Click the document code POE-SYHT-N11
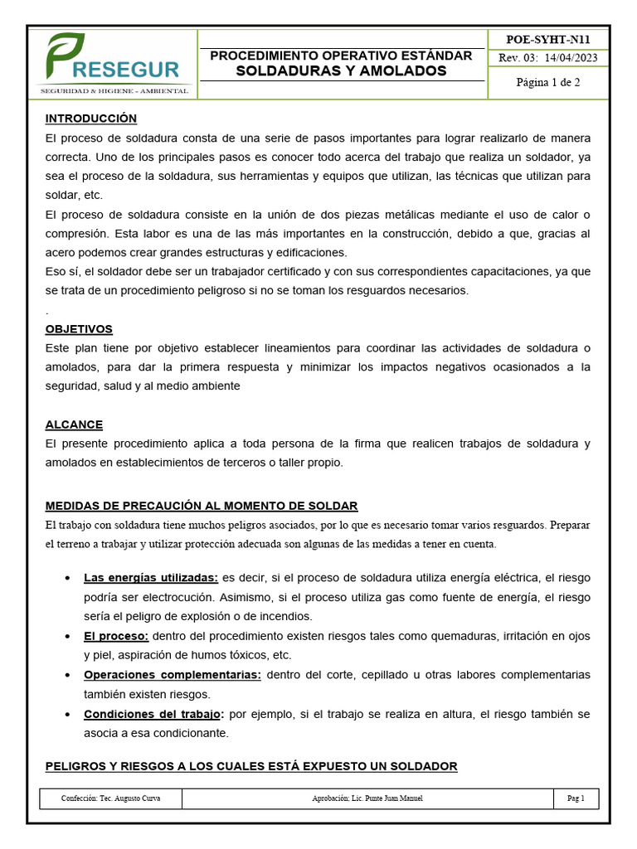point(547,39)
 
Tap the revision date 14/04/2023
point(572,58)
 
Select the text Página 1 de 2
point(547,82)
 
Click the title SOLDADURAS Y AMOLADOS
point(341,71)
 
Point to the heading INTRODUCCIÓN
point(91,119)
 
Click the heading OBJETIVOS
point(79,329)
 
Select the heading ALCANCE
point(74,424)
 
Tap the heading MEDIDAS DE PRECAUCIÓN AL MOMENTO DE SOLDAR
point(202,506)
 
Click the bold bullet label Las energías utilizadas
point(150,577)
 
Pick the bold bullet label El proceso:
point(116,636)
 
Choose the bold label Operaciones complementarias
point(172,675)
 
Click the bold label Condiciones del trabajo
point(153,714)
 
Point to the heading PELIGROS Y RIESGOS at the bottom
point(251,766)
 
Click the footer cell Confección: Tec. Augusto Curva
point(111,798)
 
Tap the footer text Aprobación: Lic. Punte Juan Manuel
point(367,798)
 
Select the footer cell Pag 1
point(576,798)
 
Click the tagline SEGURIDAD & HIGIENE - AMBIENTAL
point(114,90)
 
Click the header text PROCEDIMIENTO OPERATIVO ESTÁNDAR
point(341,56)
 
